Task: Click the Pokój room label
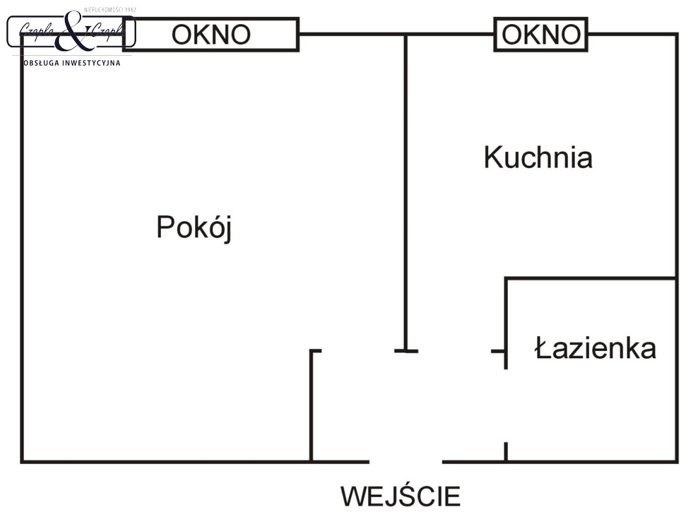point(193,228)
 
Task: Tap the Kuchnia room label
point(538,158)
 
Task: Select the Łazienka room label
point(595,348)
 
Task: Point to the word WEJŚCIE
point(401,496)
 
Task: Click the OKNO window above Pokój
point(211,34)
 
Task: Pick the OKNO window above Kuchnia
point(541,34)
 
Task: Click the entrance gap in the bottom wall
point(406,461)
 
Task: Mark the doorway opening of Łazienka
point(506,405)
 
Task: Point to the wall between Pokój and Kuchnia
point(406,195)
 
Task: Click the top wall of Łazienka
point(590,279)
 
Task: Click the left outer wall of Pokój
point(22,259)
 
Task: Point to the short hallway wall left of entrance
point(311,405)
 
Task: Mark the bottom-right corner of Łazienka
point(677,461)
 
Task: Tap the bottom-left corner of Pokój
point(23,461)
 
